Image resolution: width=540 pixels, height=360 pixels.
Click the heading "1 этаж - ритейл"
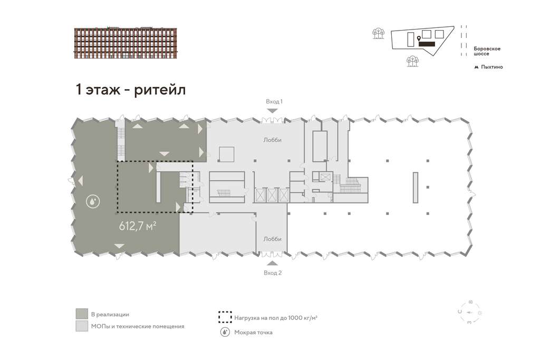point(131,90)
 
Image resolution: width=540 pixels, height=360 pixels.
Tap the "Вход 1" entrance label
point(274,102)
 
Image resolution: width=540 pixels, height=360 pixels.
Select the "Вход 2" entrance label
point(273,273)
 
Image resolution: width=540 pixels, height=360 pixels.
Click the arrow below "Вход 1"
point(273,111)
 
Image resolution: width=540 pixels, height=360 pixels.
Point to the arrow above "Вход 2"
point(273,264)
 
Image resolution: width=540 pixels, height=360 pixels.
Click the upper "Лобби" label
point(273,140)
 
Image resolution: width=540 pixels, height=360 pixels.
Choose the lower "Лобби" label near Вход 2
point(273,239)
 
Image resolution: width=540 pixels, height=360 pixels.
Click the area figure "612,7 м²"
point(138,226)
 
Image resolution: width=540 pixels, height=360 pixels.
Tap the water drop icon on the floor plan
point(93,201)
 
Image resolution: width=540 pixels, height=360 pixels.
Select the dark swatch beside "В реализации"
point(82,314)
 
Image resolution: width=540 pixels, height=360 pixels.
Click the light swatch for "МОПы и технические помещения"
point(82,326)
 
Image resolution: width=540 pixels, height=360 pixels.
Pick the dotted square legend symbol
point(225,317)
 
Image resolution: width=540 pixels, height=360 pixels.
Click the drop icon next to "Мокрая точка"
point(225,332)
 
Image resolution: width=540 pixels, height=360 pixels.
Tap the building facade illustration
point(126,43)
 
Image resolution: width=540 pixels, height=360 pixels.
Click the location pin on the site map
point(419,38)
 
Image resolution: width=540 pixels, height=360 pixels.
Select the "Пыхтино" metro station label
point(492,67)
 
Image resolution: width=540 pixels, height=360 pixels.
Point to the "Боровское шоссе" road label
point(487,51)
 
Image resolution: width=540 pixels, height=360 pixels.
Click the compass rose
point(470,313)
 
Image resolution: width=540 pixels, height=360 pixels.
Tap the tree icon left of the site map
point(378,33)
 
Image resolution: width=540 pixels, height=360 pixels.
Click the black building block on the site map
point(427,44)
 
